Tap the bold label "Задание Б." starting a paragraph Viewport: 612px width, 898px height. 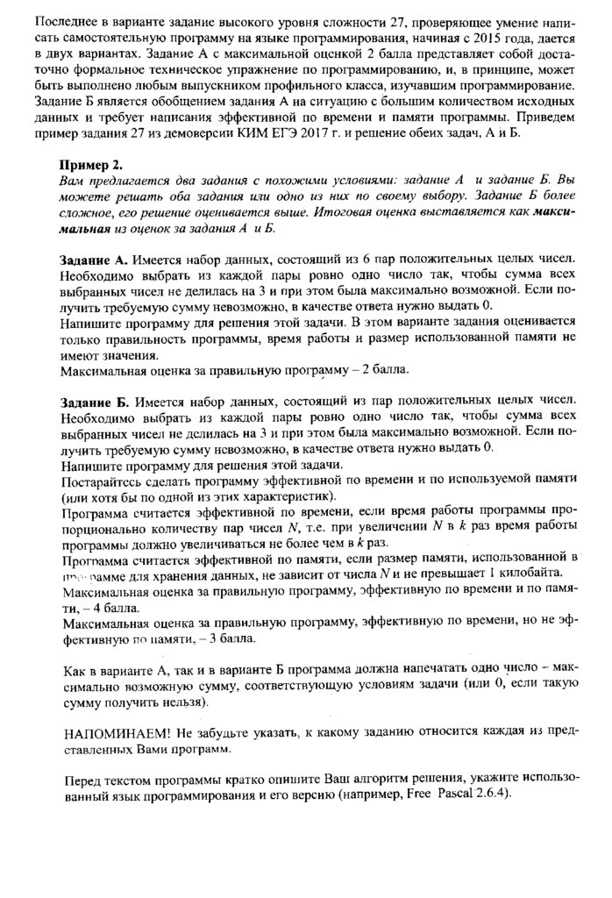96,402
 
